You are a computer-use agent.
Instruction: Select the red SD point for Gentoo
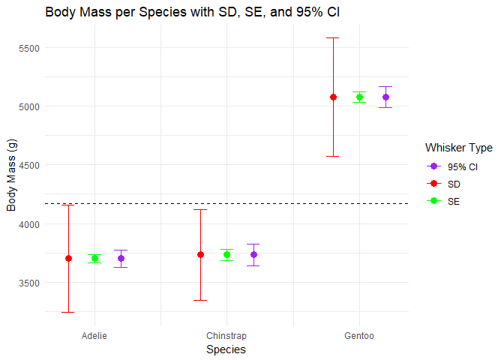333,97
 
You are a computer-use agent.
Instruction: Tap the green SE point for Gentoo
359,97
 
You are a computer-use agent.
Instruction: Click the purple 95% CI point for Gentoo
385,97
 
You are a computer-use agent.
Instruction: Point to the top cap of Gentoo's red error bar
333,37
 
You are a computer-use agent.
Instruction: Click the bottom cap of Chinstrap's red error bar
200,300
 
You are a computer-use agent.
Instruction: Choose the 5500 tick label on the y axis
28,48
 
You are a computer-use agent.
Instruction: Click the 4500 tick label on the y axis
28,165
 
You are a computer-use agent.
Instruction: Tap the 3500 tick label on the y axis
28,283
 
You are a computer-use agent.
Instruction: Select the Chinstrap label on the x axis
226,336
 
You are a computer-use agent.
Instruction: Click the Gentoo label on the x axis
359,336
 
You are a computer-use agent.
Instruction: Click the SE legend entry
454,201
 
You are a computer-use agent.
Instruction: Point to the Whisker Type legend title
458,147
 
